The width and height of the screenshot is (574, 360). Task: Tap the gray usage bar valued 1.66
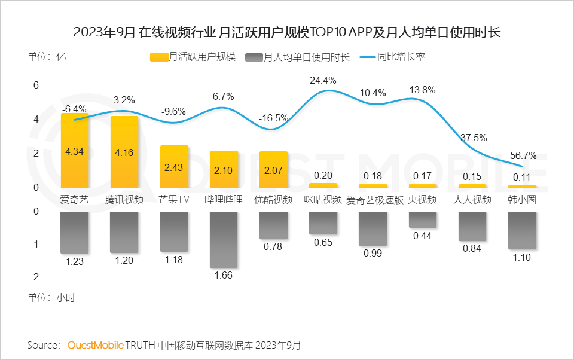coord(224,239)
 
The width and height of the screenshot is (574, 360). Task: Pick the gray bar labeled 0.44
coord(422,219)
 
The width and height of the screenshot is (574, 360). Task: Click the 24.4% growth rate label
coord(323,80)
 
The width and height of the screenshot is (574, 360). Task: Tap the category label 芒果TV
coord(174,199)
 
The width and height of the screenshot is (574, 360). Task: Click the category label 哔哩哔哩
coord(224,199)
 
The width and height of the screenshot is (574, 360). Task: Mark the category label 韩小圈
coord(521,199)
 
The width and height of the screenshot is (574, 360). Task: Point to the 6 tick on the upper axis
coord(36,86)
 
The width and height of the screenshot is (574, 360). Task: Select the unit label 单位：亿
coord(46,57)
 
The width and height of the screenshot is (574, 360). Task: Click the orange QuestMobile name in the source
coord(96,345)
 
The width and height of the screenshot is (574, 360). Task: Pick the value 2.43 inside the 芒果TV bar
coord(174,167)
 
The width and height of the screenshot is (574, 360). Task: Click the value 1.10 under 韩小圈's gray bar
coord(521,258)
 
